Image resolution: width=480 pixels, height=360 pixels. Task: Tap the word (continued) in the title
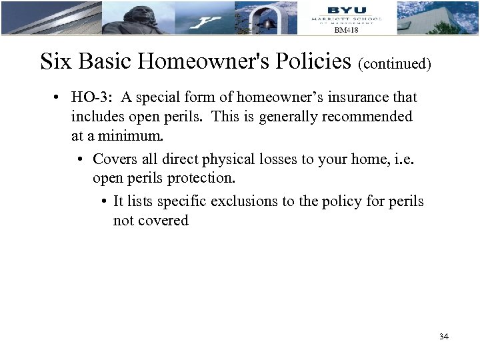(x=395, y=64)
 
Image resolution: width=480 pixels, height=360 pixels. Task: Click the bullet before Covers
(x=79, y=160)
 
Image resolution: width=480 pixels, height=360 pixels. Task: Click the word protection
(x=201, y=179)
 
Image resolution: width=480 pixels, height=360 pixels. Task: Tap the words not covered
(x=151, y=221)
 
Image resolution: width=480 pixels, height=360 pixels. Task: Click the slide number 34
(x=444, y=337)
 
